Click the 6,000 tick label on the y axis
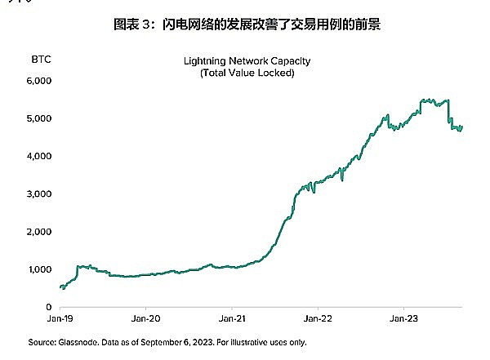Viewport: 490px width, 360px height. tap(40, 81)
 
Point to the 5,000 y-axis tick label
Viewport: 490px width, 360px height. tap(40, 118)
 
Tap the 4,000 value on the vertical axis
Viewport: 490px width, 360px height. tap(40, 156)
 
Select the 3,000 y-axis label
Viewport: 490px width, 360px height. tap(40, 193)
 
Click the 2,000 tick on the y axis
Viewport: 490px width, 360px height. tap(40, 231)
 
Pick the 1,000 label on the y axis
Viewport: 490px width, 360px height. tap(40, 269)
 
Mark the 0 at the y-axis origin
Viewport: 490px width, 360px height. tap(49, 306)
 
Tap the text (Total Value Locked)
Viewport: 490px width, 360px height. tap(247, 73)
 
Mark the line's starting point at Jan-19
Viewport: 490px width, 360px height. tap(61, 287)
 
